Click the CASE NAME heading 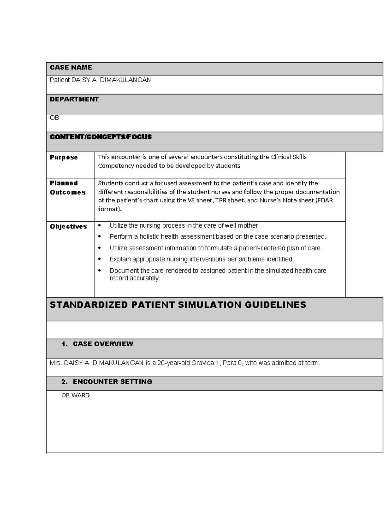[x=71, y=68]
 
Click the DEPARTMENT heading [x=74, y=99]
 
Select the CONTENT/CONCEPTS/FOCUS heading [x=101, y=137]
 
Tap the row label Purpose [x=64, y=157]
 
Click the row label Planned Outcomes [x=67, y=188]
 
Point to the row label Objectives [x=68, y=227]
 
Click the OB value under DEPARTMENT [x=54, y=118]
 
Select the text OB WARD [x=75, y=395]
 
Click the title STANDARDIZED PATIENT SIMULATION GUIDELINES [x=178, y=305]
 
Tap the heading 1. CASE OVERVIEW [x=97, y=344]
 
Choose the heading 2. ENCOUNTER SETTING [x=106, y=382]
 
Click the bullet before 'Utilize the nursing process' [x=100, y=226]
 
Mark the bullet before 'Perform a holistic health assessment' [x=100, y=237]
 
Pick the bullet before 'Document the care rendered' [x=100, y=271]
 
